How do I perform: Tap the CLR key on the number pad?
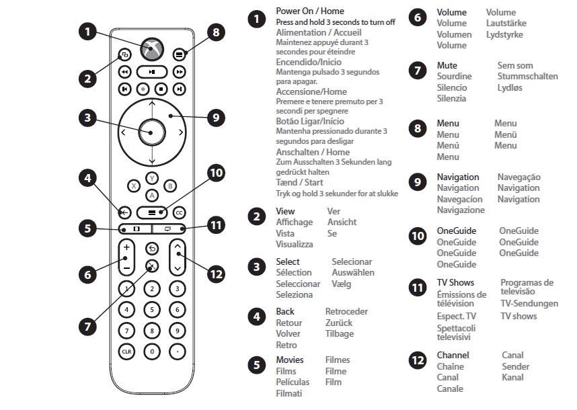126,351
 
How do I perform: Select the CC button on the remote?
178,212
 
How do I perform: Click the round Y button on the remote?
152,178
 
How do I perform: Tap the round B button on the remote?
170,186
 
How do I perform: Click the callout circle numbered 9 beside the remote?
215,118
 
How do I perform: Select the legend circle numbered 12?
417,361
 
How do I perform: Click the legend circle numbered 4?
256,316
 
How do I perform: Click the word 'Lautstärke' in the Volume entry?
506,23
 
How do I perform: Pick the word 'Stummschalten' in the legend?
527,77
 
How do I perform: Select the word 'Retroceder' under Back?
346,312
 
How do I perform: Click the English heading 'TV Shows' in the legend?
455,282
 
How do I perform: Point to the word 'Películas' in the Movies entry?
293,382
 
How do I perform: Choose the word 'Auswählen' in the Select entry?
353,273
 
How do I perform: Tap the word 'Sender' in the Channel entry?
515,366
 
